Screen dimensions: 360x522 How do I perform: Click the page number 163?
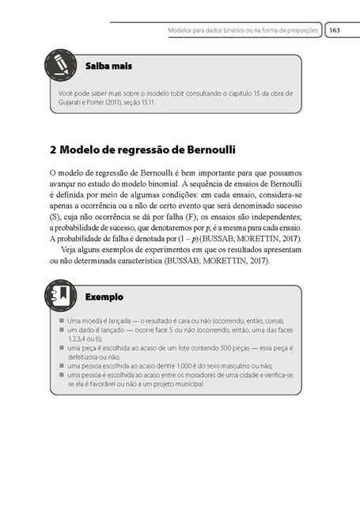pos(334,30)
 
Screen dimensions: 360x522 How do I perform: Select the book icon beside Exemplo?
pos(59,294)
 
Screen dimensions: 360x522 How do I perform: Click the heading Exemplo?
pos(104,297)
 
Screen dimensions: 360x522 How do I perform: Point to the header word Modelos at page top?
pos(182,31)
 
